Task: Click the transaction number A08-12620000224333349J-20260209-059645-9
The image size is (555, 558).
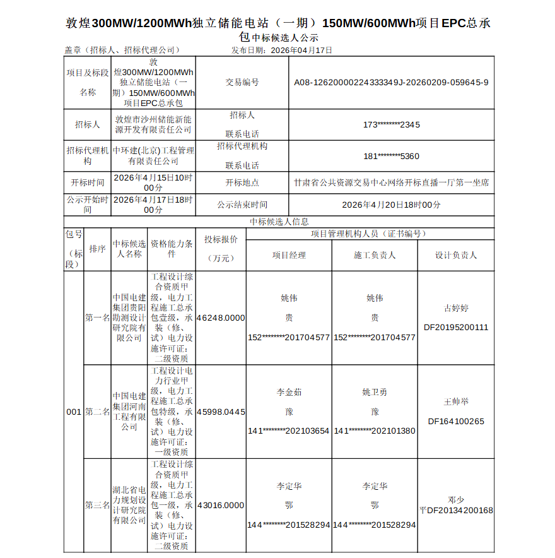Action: (x=391, y=82)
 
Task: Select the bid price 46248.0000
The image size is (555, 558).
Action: (x=221, y=318)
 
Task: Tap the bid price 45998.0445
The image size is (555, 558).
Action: (x=221, y=412)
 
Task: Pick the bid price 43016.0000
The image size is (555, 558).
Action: (x=221, y=505)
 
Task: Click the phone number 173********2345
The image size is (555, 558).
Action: (x=391, y=124)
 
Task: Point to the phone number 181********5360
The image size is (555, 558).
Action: (x=391, y=156)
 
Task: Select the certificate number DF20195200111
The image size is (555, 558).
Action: (x=456, y=328)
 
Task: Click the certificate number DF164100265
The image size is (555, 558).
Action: (x=456, y=421)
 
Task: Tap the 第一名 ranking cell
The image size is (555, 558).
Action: (x=97, y=318)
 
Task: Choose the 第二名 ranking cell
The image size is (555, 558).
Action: (x=97, y=412)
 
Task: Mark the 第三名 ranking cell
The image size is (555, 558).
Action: (x=97, y=505)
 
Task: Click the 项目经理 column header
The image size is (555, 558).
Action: (x=289, y=255)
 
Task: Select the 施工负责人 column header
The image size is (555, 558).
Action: (x=375, y=255)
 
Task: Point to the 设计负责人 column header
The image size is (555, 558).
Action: (x=456, y=255)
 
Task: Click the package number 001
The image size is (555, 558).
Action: (x=74, y=412)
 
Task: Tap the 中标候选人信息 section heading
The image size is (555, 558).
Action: (x=279, y=222)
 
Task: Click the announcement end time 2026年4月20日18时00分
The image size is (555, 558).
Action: (x=391, y=205)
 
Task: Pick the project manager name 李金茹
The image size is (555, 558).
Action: (x=289, y=392)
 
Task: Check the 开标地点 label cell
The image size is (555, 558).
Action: (x=242, y=182)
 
